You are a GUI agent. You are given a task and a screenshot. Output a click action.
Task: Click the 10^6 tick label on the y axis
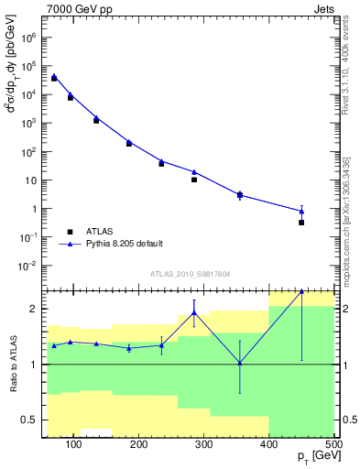tap(30, 38)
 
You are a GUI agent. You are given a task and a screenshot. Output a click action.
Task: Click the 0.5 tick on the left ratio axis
tap(29, 420)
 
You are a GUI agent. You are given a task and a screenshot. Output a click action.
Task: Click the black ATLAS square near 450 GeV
tap(301, 223)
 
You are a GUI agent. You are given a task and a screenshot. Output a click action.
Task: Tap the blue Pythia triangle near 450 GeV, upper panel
tap(301, 211)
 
